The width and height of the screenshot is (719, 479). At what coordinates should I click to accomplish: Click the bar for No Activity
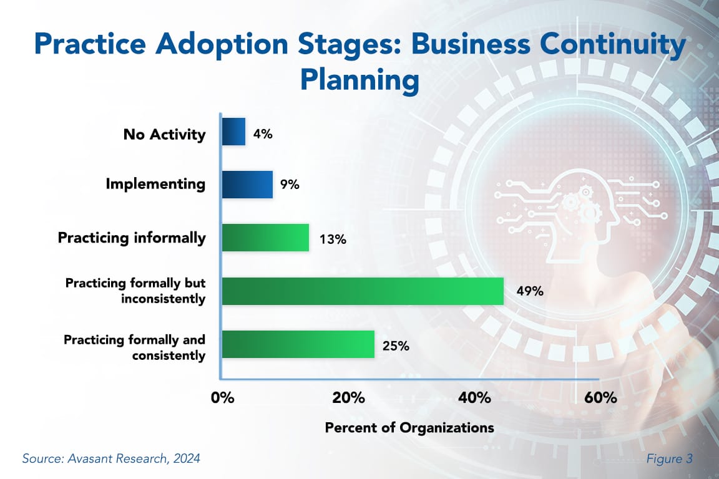point(233,132)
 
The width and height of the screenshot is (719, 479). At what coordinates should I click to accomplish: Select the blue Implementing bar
point(247,185)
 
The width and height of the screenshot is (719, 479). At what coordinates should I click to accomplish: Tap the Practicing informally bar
point(265,238)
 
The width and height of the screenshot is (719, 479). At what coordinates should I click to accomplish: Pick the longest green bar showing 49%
point(362,291)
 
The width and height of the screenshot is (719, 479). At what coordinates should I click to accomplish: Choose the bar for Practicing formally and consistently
point(298,344)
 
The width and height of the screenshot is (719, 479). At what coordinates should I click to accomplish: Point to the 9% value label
point(290,185)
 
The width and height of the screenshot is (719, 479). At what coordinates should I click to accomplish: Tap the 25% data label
point(395,345)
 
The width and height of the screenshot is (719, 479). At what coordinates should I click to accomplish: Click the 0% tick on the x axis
point(222,398)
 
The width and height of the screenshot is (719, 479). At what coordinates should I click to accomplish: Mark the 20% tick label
point(348,398)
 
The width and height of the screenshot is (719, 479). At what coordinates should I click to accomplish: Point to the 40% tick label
point(474,398)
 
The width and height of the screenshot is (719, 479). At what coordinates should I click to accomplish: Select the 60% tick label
point(599,398)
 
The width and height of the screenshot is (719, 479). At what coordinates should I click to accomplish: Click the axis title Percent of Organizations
point(409,428)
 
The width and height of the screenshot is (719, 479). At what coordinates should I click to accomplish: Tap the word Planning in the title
point(359,80)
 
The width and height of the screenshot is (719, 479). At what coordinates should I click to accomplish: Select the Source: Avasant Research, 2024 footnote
point(111,459)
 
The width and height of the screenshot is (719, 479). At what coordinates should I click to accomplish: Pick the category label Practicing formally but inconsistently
point(135,291)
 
